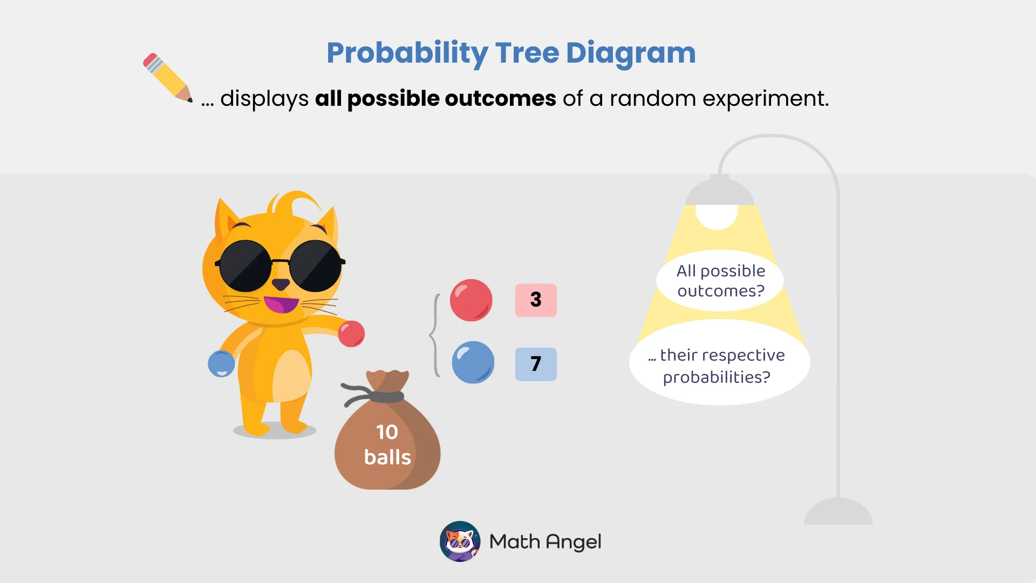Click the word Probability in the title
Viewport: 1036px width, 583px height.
(407, 53)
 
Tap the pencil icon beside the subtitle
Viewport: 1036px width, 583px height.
(167, 77)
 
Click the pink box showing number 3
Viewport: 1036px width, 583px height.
(535, 300)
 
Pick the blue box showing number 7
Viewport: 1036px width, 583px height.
(535, 364)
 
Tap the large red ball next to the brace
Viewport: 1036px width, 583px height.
(471, 300)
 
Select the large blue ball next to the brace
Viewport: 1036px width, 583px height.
(473, 362)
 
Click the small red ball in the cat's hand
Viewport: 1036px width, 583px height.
(351, 334)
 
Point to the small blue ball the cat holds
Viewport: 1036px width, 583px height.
(221, 364)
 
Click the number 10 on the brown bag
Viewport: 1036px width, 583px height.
(387, 432)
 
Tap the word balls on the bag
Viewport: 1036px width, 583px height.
(387, 457)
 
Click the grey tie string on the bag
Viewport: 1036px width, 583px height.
(378, 396)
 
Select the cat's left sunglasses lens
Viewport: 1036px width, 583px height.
(246, 266)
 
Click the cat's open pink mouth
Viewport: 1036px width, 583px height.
(281, 304)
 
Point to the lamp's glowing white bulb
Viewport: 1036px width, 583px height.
(717, 216)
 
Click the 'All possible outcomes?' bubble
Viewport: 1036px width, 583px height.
(720, 281)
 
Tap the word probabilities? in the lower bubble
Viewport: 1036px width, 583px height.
(716, 377)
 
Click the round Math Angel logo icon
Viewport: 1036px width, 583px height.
(460, 541)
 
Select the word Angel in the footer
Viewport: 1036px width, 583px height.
(573, 542)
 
